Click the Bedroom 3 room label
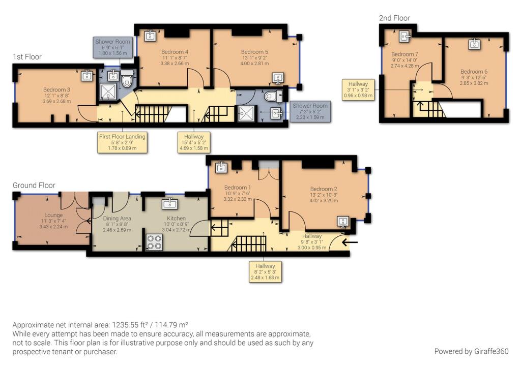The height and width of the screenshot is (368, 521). point(56,89)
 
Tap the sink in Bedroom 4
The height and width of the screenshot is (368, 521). point(151,35)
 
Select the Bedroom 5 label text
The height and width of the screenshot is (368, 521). point(254,52)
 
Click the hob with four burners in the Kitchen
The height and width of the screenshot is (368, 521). point(155,242)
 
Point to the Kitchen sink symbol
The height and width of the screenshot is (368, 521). point(170,203)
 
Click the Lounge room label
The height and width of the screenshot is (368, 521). point(53,215)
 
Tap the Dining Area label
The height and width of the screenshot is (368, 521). point(117,219)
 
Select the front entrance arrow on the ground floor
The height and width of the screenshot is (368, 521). point(350,242)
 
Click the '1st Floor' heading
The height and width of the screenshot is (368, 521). point(27,57)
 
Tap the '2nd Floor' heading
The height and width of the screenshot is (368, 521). point(394,18)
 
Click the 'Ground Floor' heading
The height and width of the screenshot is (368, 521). point(34,185)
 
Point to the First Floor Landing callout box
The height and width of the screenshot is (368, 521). point(122,142)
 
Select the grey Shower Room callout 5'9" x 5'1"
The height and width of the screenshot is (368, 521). point(112,47)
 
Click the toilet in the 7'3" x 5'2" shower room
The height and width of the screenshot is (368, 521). point(273,97)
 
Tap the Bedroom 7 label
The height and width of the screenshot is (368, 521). point(404,54)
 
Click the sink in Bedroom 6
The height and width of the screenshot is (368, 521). point(474,44)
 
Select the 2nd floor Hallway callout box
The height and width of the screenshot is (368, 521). point(358,89)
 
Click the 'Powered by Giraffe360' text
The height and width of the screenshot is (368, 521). point(471,351)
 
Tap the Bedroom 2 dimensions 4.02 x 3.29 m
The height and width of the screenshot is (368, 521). point(324,200)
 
